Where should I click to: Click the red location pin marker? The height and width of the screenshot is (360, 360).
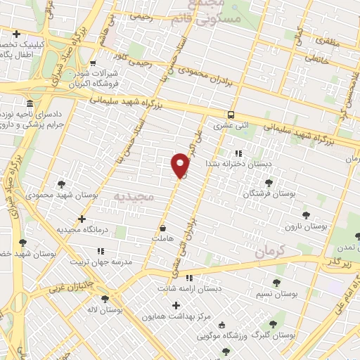(181, 165)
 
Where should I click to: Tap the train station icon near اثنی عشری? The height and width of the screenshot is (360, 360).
(231, 115)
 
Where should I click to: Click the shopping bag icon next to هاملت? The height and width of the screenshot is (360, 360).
(163, 228)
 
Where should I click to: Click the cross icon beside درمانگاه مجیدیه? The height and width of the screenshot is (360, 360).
(82, 219)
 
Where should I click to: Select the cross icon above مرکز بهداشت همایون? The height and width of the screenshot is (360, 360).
(176, 305)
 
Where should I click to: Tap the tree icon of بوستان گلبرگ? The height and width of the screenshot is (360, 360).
(273, 324)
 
